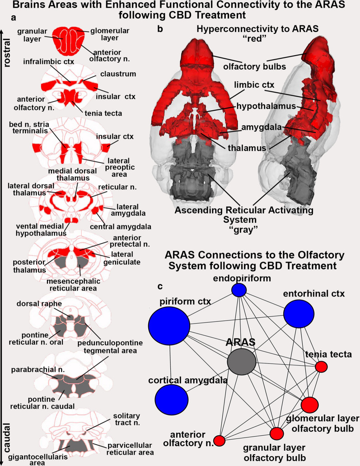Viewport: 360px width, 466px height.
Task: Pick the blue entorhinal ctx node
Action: click(x=299, y=315)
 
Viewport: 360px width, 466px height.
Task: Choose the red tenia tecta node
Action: click(x=321, y=367)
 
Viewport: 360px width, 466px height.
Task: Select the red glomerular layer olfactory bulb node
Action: click(x=310, y=405)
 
